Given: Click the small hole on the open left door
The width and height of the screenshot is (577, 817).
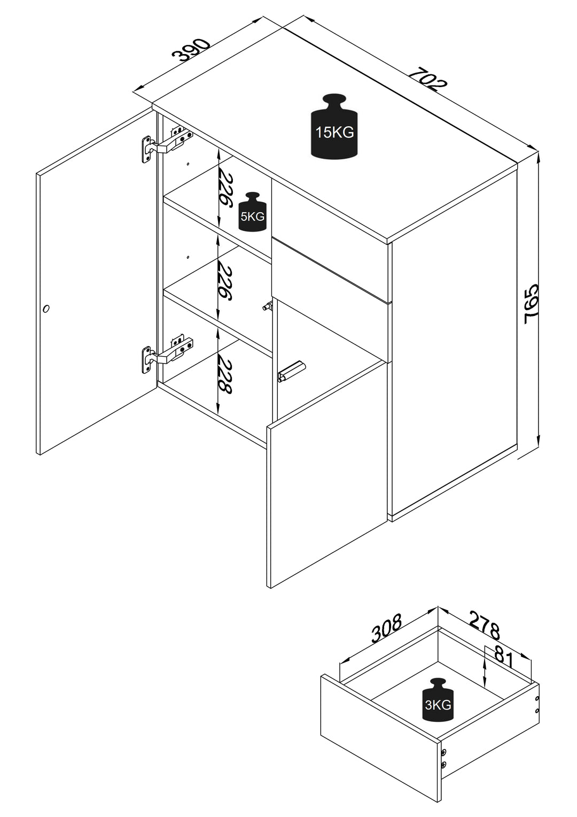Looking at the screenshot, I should point(46,309).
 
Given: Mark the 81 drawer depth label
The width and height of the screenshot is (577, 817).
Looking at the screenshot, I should point(503,657).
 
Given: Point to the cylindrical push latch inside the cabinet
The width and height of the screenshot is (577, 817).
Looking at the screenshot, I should point(291,371).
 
